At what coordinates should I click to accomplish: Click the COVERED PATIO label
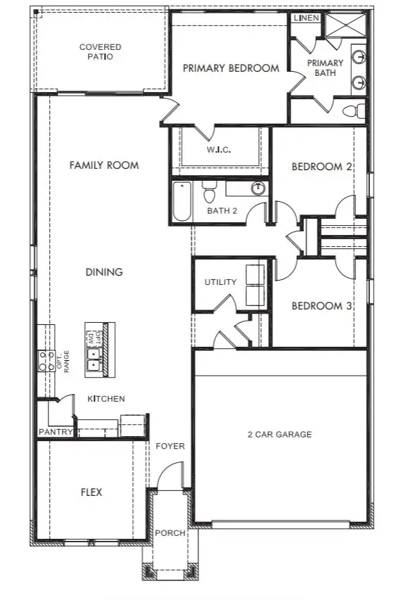(100, 52)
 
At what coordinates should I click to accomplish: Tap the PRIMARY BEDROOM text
(231, 68)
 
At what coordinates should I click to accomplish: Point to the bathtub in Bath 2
(182, 202)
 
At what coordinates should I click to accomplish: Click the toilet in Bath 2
(209, 192)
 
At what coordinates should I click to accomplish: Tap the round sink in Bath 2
(258, 189)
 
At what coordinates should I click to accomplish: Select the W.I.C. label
(219, 150)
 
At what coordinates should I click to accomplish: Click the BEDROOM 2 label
(322, 167)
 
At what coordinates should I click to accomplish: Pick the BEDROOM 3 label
(322, 306)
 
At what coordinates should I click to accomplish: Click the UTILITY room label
(220, 282)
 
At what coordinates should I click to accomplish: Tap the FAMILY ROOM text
(104, 165)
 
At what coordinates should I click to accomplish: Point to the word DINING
(104, 272)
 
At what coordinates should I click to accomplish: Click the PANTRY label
(55, 432)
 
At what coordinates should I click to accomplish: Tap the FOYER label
(170, 446)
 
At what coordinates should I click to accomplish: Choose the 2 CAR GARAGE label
(280, 435)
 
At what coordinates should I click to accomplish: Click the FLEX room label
(91, 492)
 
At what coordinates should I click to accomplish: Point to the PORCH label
(170, 533)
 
